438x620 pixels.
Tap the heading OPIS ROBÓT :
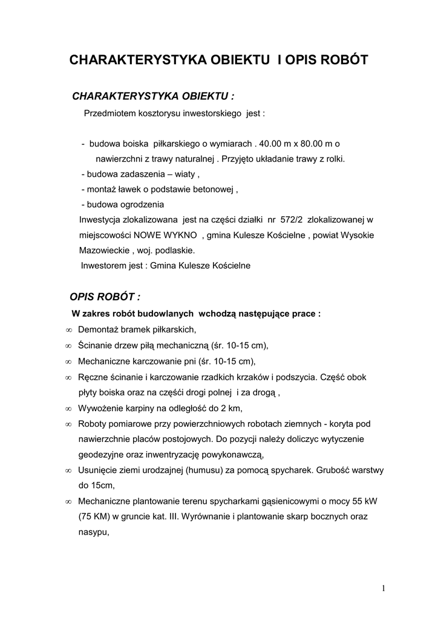[x=105, y=297]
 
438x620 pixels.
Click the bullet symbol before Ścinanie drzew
[x=68, y=346]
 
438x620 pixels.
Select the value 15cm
[x=91, y=486]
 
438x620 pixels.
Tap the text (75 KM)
[x=93, y=517]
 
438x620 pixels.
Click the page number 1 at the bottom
[x=384, y=588]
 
